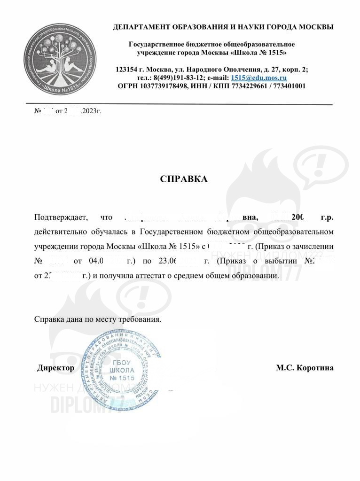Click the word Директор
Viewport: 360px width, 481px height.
tap(55, 368)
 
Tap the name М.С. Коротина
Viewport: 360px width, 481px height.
tap(305, 368)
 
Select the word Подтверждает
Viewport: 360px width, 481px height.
tap(58, 218)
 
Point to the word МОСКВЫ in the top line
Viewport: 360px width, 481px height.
tap(315, 27)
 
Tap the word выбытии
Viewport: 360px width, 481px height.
tap(277, 262)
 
